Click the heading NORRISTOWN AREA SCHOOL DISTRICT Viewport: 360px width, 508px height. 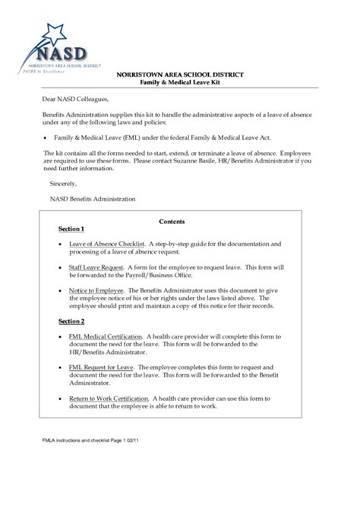coord(180,74)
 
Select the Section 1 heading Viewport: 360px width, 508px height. coord(71,229)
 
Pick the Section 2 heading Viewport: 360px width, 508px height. coord(71,322)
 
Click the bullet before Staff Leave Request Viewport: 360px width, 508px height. coord(60,268)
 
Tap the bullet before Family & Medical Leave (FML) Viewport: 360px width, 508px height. coord(46,138)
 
